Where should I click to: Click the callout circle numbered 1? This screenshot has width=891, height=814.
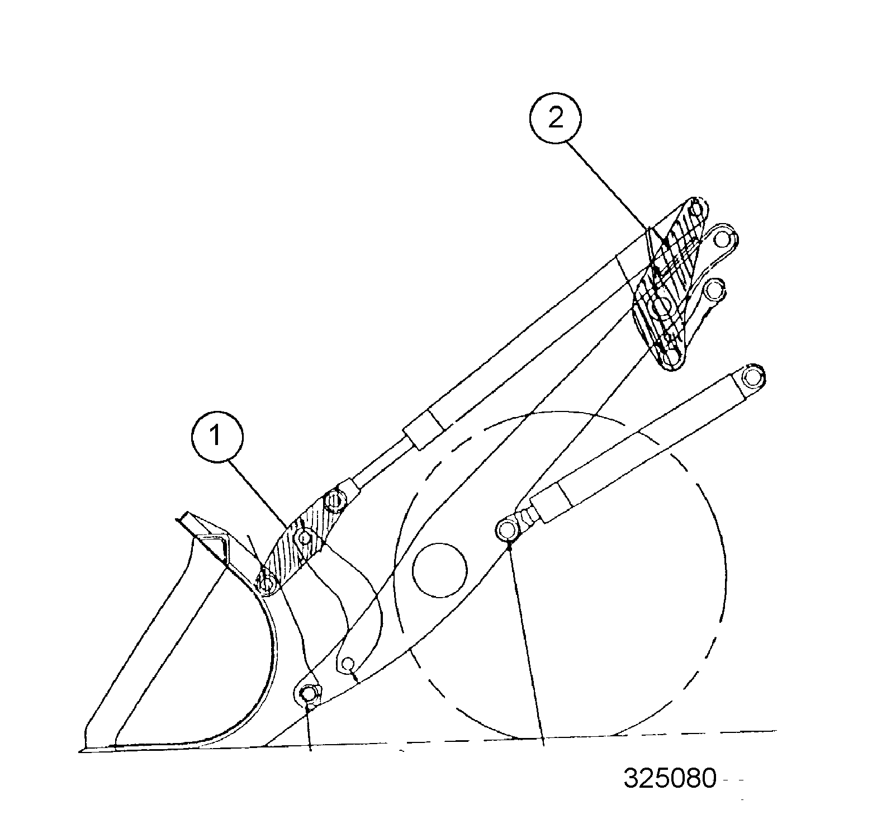click(216, 436)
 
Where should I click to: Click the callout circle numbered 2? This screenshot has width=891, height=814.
click(555, 119)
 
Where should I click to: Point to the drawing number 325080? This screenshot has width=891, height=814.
click(669, 778)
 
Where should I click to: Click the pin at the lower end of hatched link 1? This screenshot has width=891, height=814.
click(268, 584)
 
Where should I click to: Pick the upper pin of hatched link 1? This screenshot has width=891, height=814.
click(334, 499)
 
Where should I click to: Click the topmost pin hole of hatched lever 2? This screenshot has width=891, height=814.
click(696, 209)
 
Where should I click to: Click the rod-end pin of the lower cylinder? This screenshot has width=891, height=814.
click(507, 528)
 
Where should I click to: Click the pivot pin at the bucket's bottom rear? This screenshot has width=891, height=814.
click(307, 695)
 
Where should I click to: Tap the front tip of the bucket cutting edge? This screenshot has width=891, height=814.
click(82, 749)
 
